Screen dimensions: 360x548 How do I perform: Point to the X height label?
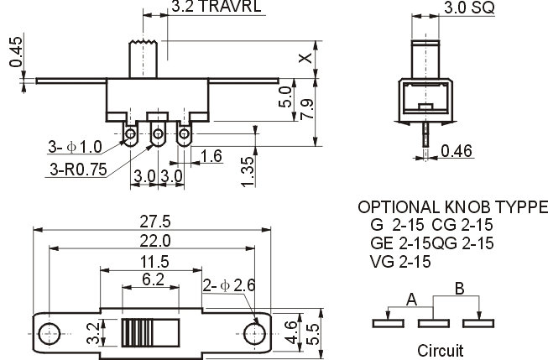click(x=306, y=58)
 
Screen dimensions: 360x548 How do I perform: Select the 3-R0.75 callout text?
click(x=78, y=168)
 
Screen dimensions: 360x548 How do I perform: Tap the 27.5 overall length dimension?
click(x=154, y=222)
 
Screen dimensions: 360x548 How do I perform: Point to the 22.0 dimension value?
click(x=154, y=241)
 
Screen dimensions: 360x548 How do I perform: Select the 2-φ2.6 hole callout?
click(x=229, y=286)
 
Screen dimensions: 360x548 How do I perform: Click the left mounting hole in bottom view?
click(x=50, y=329)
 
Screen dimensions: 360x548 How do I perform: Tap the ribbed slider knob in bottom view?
click(x=135, y=331)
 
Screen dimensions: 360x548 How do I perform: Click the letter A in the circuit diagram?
click(x=411, y=299)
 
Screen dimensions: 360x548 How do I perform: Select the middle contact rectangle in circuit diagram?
click(x=433, y=320)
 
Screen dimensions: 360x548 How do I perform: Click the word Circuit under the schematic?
click(x=439, y=349)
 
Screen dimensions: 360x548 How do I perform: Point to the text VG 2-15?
click(x=401, y=261)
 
